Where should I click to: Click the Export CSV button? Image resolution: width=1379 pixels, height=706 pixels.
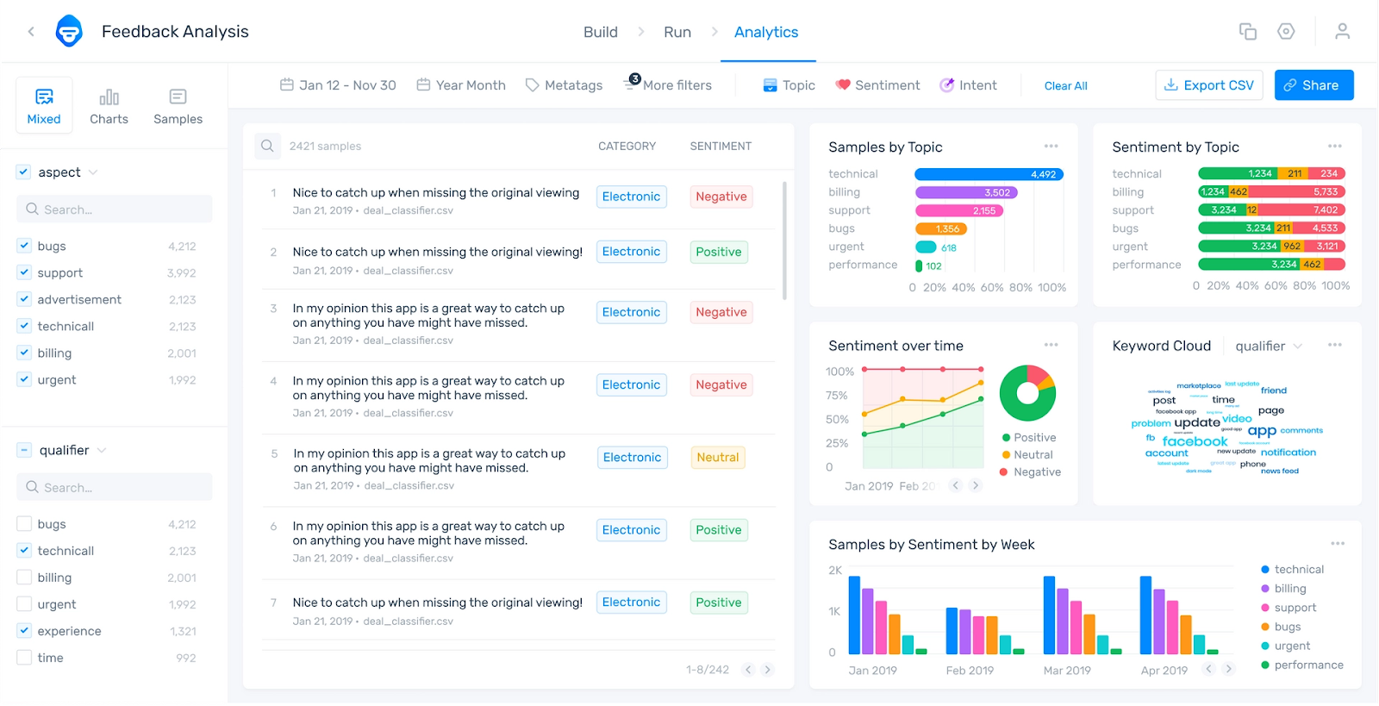1209,85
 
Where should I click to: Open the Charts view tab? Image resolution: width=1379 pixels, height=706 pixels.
109,106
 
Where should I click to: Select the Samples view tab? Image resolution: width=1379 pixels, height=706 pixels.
178,106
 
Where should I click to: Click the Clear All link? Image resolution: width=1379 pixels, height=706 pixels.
1065,86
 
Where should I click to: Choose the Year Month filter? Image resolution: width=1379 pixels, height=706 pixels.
461,85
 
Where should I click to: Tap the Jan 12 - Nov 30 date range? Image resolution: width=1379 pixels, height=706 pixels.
338,85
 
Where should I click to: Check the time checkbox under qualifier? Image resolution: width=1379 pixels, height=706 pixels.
24,658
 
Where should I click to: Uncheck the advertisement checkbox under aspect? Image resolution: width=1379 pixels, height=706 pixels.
24,299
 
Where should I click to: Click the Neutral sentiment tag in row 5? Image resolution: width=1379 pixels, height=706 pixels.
718,458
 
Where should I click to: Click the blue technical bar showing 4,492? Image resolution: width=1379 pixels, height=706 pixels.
989,174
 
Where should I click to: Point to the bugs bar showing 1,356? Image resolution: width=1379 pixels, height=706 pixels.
941,228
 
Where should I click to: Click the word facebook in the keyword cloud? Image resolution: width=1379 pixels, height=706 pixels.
1195,441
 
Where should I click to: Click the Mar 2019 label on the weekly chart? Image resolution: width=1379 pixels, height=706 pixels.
1067,671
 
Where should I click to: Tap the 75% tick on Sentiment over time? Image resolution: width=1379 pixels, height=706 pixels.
836,396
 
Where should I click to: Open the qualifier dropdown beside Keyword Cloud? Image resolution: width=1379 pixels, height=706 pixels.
1268,347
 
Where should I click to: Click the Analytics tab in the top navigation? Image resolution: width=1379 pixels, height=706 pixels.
766,32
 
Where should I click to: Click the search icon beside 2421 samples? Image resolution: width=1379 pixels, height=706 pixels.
267,146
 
